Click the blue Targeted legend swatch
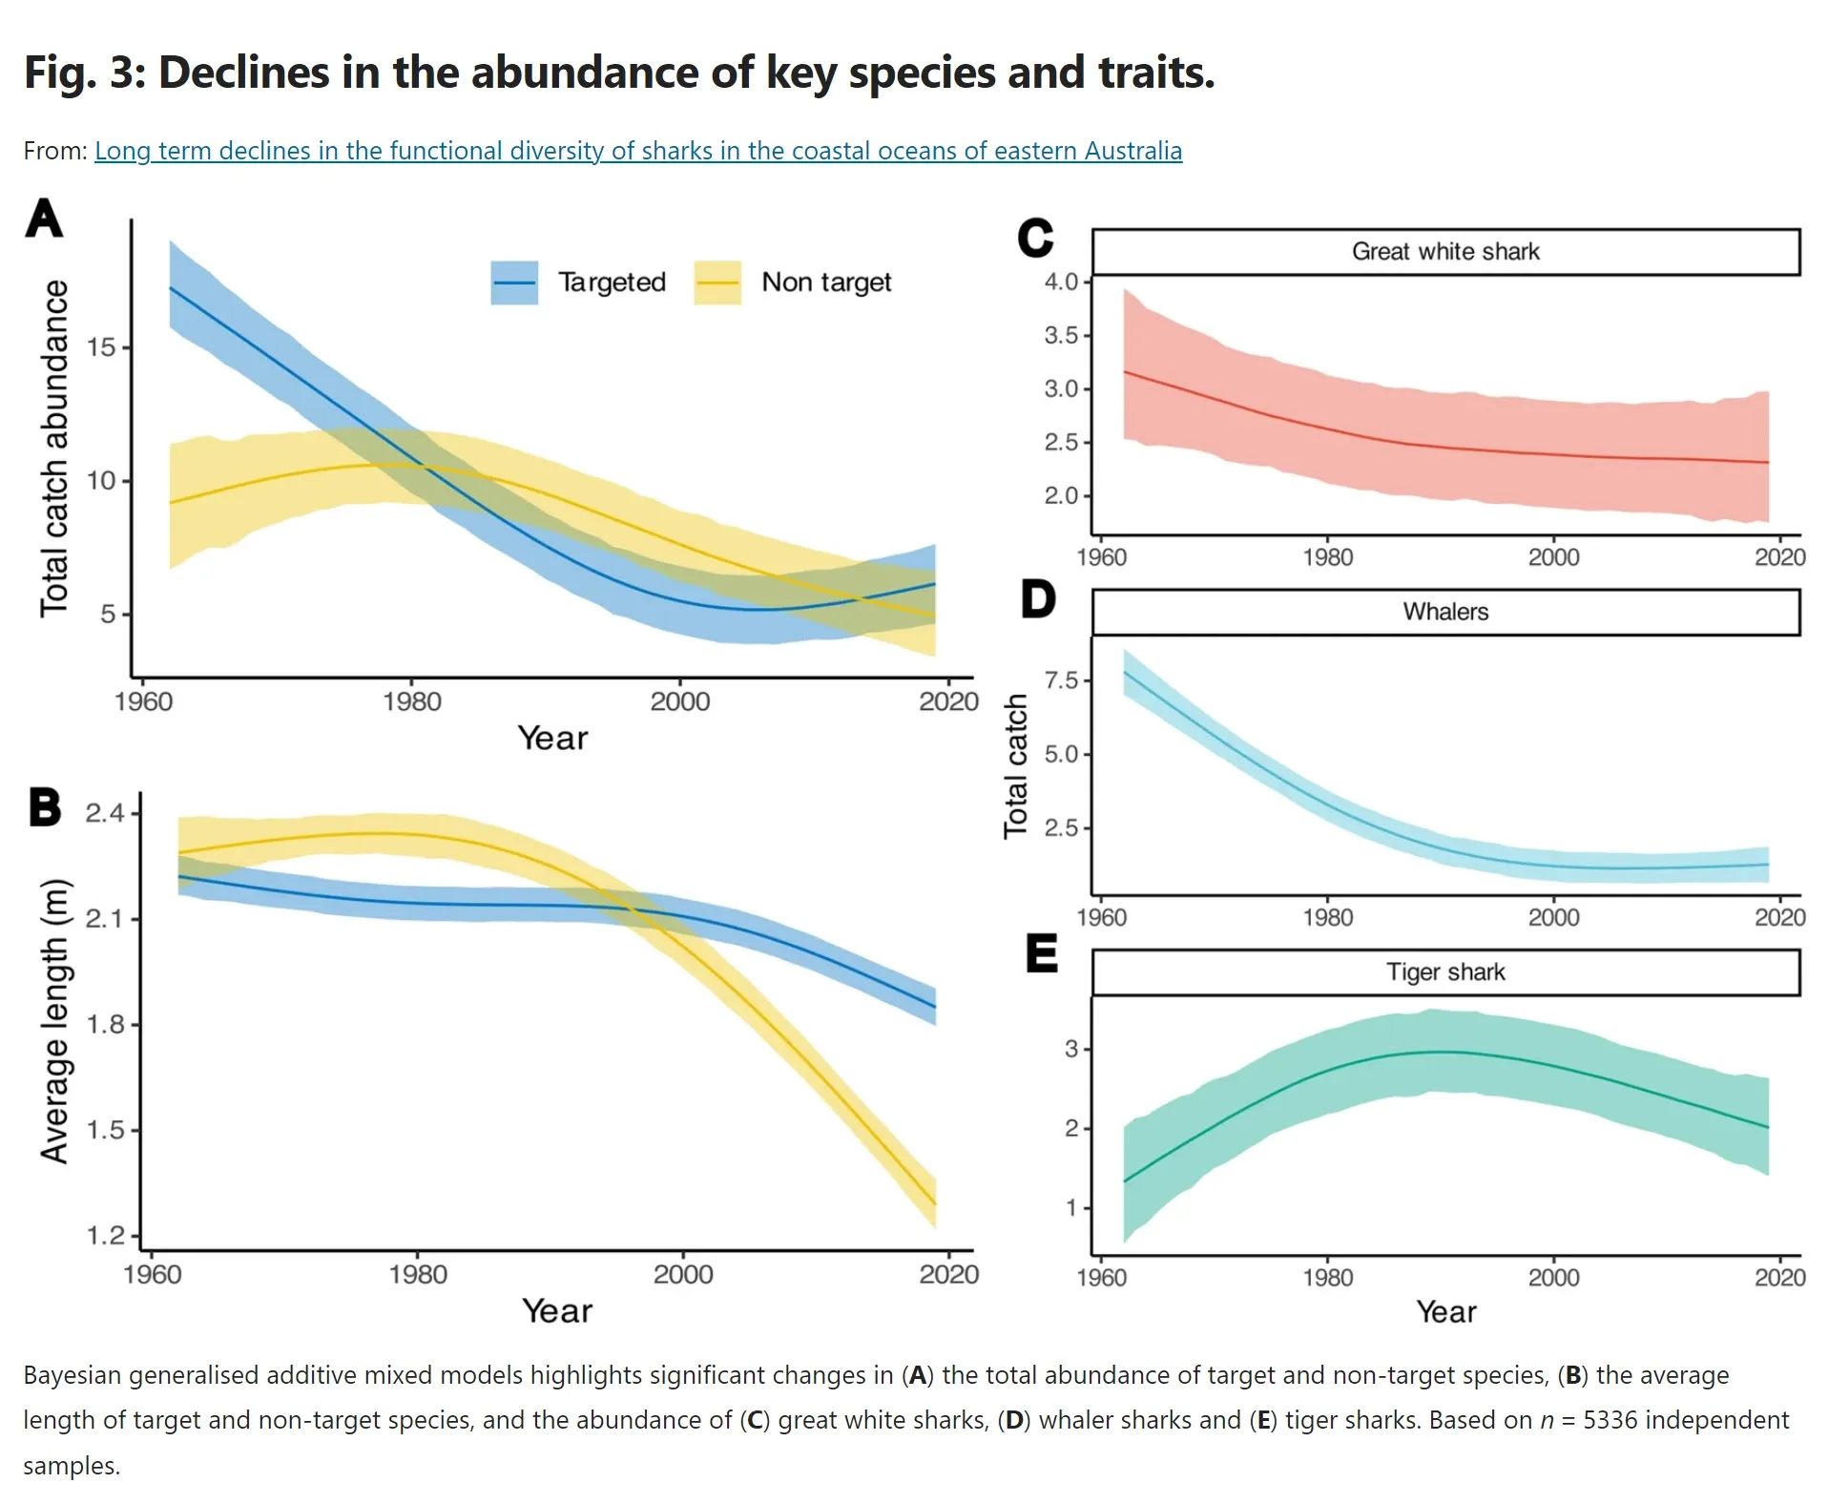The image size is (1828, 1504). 514,282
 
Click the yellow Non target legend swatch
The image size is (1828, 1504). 717,282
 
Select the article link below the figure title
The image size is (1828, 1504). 637,151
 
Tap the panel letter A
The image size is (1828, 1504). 44,219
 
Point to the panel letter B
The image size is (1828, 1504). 45,807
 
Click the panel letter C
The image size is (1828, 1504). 1035,238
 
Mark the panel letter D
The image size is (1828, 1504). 1038,599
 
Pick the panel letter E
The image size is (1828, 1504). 1041,953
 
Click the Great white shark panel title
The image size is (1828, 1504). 1444,252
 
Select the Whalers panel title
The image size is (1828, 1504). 1444,612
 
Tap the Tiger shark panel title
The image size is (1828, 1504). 1444,972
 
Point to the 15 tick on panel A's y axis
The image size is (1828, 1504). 101,347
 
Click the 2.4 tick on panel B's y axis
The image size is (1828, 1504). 105,813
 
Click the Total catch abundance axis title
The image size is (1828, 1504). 54,449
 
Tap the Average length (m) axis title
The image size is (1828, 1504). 54,1021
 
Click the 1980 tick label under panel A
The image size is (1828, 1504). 412,702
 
